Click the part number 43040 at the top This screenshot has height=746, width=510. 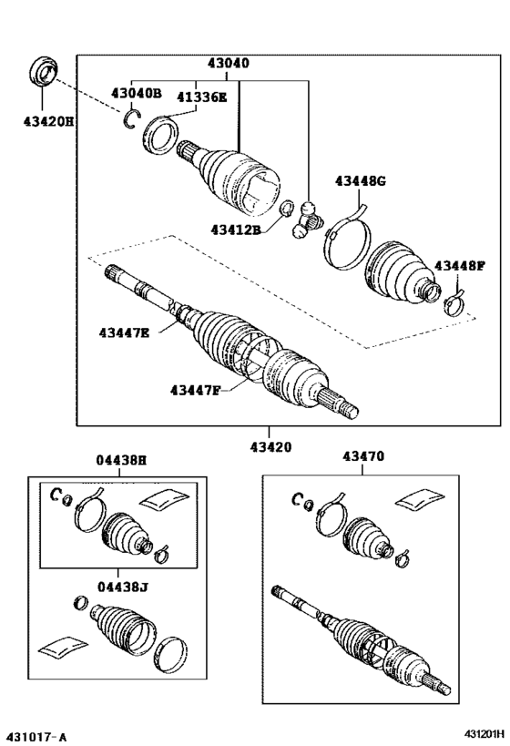(x=228, y=65)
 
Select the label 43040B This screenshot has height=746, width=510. (x=137, y=94)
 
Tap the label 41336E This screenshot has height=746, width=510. (x=201, y=97)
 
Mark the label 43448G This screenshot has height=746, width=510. (x=361, y=181)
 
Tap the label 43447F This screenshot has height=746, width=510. (x=195, y=392)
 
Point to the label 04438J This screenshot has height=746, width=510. (x=121, y=588)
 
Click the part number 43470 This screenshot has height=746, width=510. (x=364, y=456)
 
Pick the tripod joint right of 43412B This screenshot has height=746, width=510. (x=307, y=221)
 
